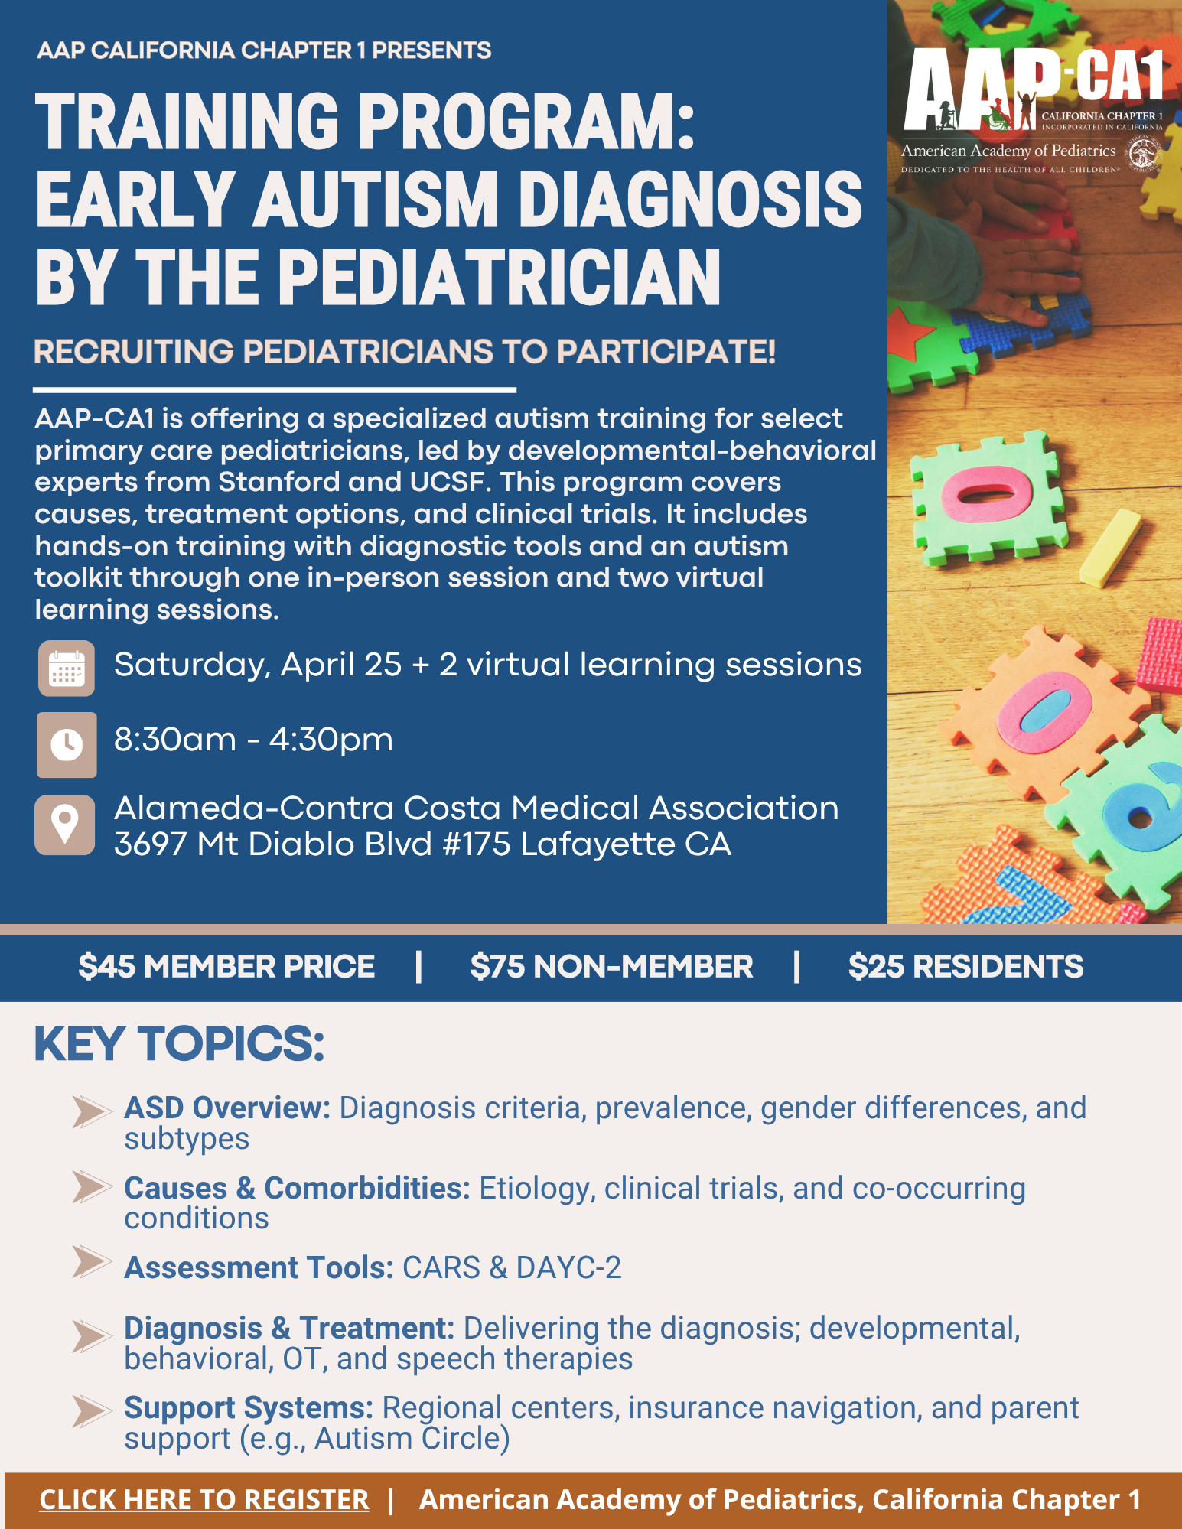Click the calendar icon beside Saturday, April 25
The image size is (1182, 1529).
point(67,669)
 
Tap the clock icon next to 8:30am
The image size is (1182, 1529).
point(67,744)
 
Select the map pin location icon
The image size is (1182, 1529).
point(65,825)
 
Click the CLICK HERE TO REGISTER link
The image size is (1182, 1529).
point(204,1500)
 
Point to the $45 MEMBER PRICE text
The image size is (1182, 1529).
point(226,967)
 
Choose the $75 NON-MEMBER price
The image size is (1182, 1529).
point(611,967)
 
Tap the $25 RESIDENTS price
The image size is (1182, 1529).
point(965,967)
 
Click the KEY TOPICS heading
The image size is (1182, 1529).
point(180,1043)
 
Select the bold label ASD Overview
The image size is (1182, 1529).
point(227,1108)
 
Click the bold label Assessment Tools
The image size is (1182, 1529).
point(259,1267)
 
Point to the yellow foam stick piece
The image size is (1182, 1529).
point(1110,548)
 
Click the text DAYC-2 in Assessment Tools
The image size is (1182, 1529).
point(568,1267)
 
